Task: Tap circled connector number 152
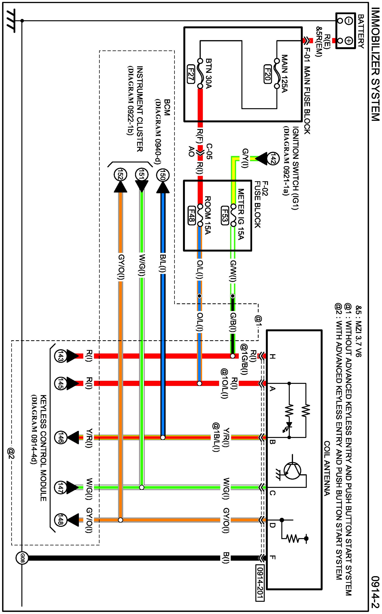coord(121,175)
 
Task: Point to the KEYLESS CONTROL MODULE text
coord(43,448)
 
